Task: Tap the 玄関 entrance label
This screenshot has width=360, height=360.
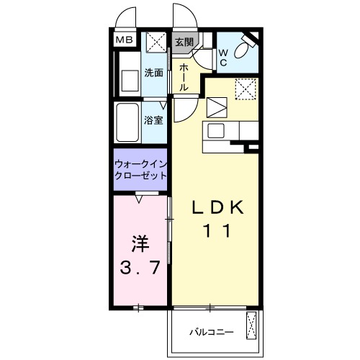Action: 184,42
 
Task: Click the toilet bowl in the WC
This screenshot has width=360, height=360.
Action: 244,50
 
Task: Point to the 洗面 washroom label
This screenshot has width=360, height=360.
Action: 153,73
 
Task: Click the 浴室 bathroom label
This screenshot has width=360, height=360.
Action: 153,120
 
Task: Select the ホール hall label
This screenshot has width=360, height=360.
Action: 184,76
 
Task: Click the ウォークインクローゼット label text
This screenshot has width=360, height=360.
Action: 141,169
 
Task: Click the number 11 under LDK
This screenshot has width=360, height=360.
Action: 216,232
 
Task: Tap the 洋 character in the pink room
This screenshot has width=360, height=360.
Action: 140,243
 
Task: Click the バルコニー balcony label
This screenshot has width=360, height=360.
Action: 211,332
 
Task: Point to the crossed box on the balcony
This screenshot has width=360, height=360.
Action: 252,326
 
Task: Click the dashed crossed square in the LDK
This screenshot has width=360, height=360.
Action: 247,91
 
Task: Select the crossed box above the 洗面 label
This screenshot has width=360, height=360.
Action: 153,42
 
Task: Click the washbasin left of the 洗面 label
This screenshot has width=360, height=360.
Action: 130,79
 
